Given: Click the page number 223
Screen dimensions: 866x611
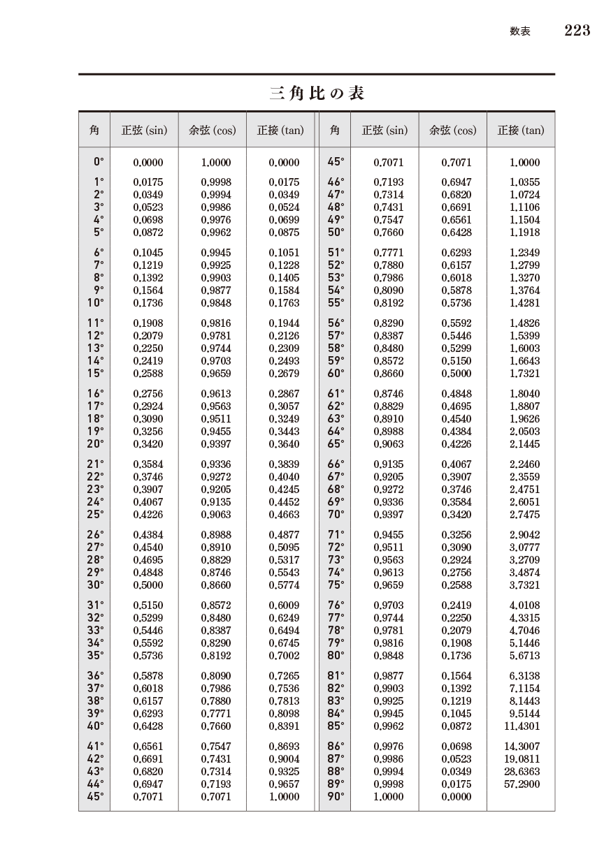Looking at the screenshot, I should tap(577, 30).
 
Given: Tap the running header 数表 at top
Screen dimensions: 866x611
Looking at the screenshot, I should tap(519, 31).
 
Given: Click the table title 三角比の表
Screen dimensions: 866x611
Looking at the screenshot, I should tap(317, 93).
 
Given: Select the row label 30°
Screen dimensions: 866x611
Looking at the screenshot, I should tap(95, 585).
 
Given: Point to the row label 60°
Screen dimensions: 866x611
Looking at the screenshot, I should tap(336, 374).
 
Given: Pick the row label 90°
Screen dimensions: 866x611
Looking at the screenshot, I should tap(336, 796).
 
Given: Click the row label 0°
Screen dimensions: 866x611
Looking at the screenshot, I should tap(99, 162).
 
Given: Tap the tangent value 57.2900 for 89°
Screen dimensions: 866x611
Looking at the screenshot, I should tap(522, 784).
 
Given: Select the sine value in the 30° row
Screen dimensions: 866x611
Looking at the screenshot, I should tap(148, 585).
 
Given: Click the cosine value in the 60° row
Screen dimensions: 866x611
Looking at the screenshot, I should tap(457, 374).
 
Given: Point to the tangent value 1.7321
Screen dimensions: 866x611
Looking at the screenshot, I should tap(524, 374).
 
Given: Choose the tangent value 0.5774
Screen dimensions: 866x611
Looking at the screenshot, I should tap(284, 585).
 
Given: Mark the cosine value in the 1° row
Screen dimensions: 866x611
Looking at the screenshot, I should tap(216, 182).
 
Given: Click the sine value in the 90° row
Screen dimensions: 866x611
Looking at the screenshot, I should tap(388, 796).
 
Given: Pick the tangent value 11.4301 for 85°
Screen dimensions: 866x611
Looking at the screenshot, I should tap(522, 726).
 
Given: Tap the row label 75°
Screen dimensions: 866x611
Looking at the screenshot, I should tap(336, 585).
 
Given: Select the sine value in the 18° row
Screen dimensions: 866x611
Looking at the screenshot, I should tap(148, 419).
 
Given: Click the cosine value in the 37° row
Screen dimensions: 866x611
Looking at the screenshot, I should tap(216, 689).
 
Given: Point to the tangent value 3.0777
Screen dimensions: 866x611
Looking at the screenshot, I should tap(524, 548).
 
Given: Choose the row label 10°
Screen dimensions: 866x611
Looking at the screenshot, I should tap(95, 303).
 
